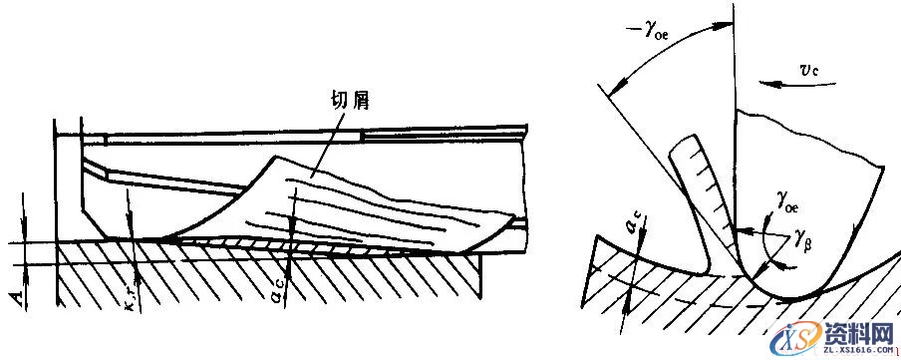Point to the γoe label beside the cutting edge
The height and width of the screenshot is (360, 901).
784,203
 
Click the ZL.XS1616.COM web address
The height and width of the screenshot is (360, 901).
857,348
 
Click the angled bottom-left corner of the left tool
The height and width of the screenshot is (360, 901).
88,224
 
